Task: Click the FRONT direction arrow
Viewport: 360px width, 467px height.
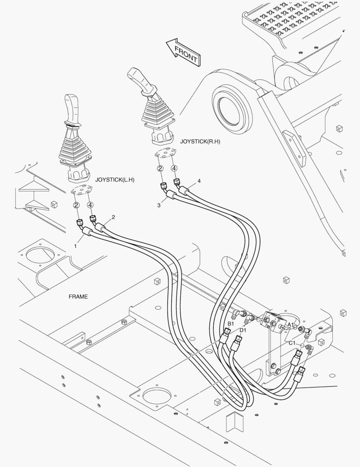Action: point(184,52)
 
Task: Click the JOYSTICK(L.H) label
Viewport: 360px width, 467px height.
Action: point(115,180)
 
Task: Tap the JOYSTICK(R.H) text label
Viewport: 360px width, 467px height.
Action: point(200,141)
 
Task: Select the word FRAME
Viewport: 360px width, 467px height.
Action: point(78,297)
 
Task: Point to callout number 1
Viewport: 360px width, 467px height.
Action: point(76,246)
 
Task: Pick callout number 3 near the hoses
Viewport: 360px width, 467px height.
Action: point(159,205)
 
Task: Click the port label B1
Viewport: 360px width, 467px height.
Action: point(231,324)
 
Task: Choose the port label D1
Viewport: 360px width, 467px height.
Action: point(243,330)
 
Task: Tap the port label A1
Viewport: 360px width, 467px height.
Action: point(290,324)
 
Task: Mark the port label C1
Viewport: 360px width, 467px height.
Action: point(292,343)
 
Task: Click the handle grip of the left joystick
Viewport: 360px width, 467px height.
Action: point(72,109)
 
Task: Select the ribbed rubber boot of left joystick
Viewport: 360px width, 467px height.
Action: point(75,146)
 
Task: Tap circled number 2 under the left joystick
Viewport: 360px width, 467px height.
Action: point(76,205)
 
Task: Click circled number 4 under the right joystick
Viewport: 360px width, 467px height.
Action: point(174,168)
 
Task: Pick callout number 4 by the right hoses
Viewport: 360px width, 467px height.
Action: point(199,181)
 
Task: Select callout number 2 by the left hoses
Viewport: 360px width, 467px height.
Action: point(113,218)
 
